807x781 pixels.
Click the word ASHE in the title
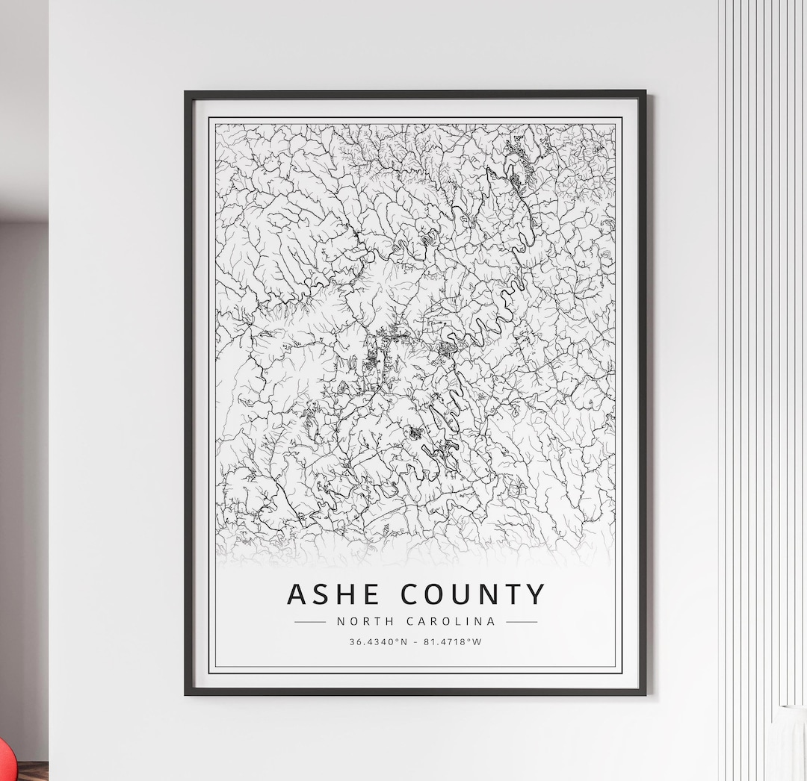[x=335, y=594]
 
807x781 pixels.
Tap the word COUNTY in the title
[x=473, y=594]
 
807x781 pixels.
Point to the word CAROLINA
[x=451, y=621]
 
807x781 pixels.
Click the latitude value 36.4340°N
[x=378, y=641]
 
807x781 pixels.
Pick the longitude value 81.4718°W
[x=453, y=641]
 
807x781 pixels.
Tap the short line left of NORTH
[x=310, y=621]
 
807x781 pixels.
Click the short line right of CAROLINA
[x=522, y=621]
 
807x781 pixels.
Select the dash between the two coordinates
[x=415, y=641]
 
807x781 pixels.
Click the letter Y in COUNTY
[x=535, y=594]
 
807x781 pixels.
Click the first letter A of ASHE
[x=297, y=594]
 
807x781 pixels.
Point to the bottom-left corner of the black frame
[x=186, y=694]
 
